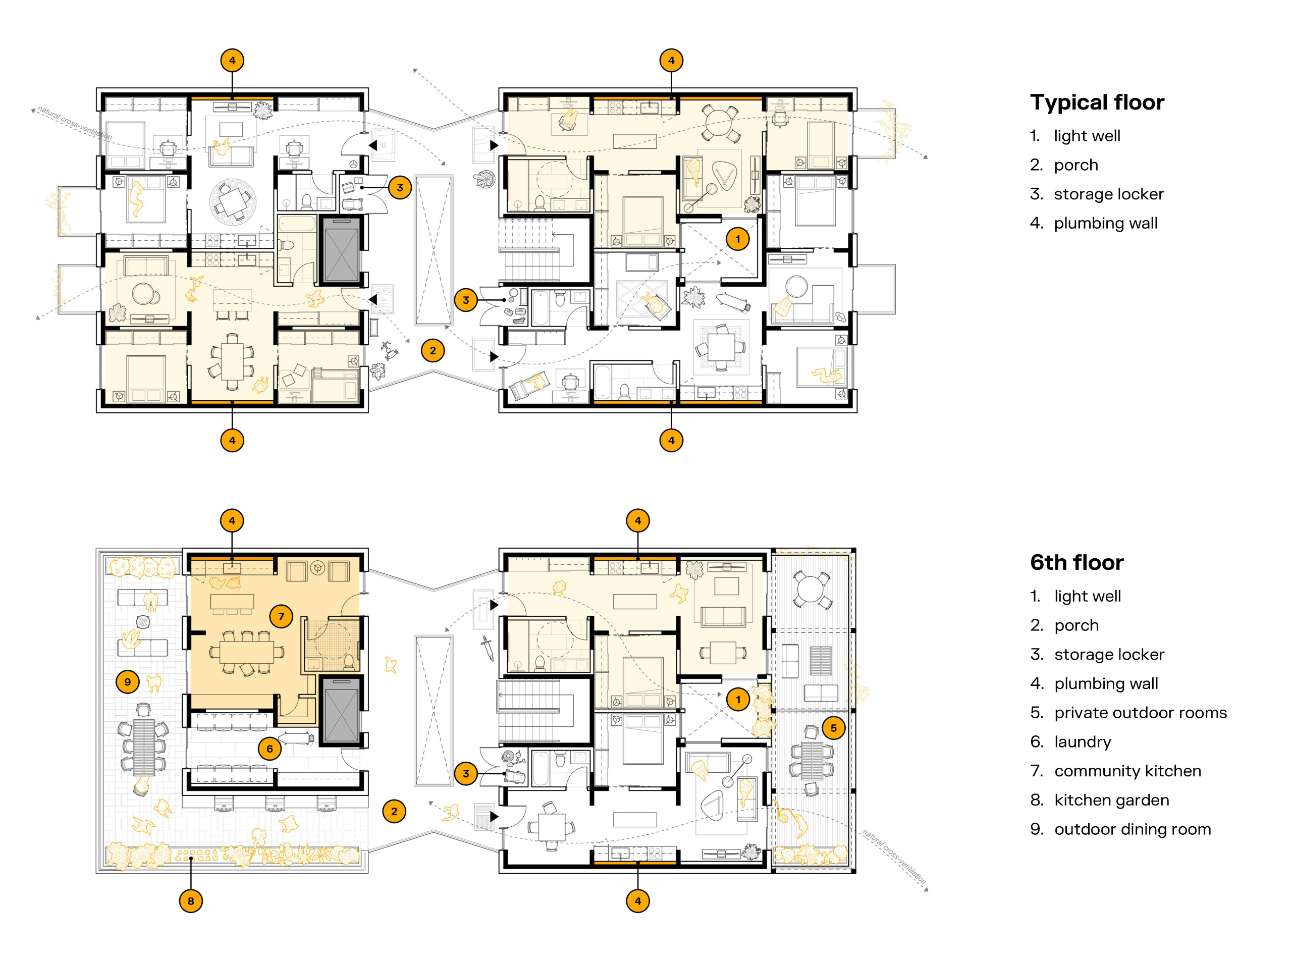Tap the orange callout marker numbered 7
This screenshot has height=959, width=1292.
pyautogui.click(x=282, y=616)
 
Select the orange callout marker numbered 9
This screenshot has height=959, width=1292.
pyautogui.click(x=128, y=681)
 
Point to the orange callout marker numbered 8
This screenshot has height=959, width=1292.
pyautogui.click(x=191, y=901)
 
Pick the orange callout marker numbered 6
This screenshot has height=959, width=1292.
pyautogui.click(x=270, y=749)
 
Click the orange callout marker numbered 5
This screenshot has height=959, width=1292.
pyautogui.click(x=833, y=728)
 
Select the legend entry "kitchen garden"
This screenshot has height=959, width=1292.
pyautogui.click(x=1111, y=800)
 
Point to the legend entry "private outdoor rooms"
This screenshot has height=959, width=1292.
pyautogui.click(x=1141, y=713)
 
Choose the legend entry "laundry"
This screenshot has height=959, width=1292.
pyautogui.click(x=1083, y=742)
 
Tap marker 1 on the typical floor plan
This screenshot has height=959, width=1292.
pyautogui.click(x=738, y=239)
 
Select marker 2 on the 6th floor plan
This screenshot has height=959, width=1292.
pyautogui.click(x=394, y=812)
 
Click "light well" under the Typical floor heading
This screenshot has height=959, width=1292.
pyautogui.click(x=1087, y=136)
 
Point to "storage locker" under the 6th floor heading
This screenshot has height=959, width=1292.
pyautogui.click(x=1109, y=655)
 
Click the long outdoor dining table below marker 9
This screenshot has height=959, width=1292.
pyautogui.click(x=144, y=748)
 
